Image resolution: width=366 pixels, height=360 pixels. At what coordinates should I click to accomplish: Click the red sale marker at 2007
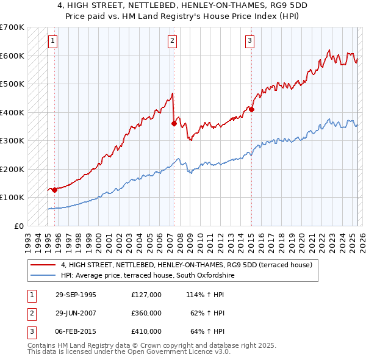pos(174,123)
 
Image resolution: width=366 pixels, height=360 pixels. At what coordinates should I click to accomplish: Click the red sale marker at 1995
pos(55,190)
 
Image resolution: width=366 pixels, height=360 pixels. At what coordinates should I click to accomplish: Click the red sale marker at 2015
pos(251,109)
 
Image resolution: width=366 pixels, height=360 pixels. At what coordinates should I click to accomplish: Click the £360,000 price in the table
pos(146,313)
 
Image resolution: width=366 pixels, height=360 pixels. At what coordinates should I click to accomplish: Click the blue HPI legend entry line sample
pos(44,276)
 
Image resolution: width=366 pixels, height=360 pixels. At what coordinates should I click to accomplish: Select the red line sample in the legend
pos(44,265)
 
